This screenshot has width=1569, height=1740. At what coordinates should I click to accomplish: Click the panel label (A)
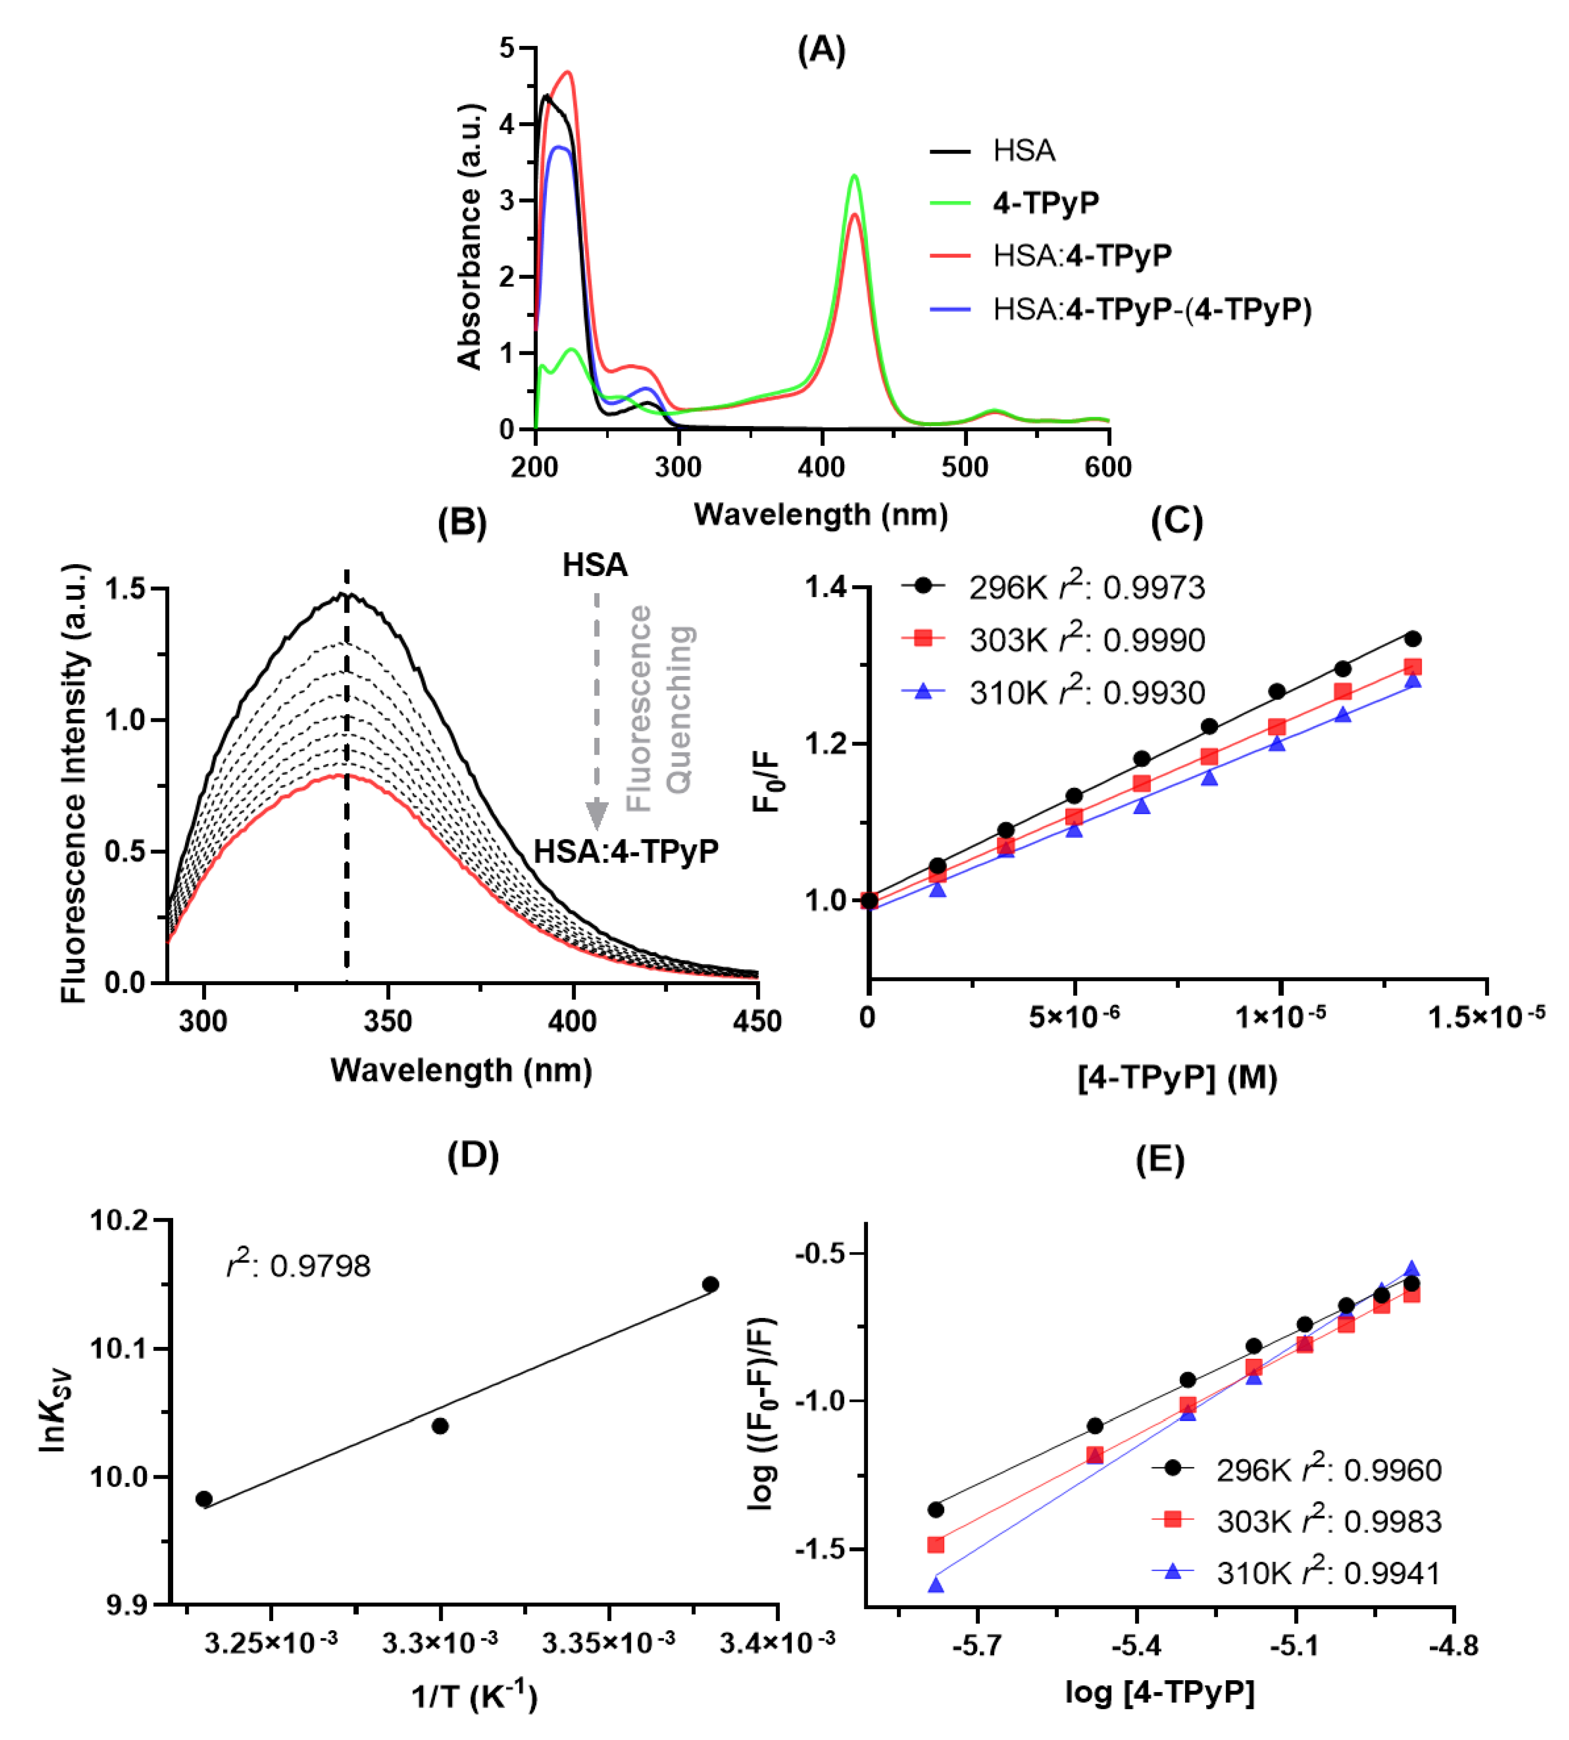[820, 50]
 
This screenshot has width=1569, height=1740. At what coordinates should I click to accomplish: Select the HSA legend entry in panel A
[1023, 151]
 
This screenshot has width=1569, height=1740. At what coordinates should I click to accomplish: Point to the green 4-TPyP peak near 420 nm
[854, 177]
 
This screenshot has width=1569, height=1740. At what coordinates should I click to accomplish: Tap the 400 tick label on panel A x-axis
[821, 467]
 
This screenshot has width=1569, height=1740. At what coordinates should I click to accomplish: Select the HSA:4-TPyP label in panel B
[626, 852]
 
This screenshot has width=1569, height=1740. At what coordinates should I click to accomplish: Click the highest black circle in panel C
[1412, 638]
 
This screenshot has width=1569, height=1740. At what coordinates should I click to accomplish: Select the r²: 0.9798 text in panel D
[298, 1265]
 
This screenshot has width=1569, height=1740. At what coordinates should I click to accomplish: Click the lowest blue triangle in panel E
[936, 1585]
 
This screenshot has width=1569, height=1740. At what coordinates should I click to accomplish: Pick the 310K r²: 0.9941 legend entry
[1328, 1574]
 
